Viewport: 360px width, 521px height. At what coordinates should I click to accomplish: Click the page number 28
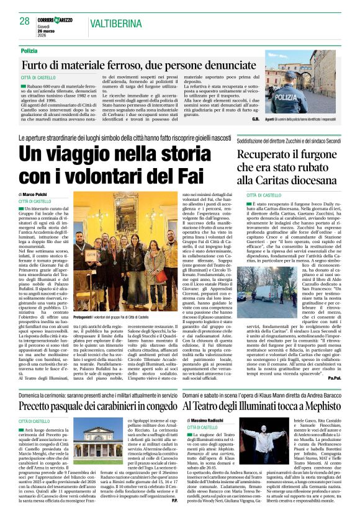(x=24, y=21)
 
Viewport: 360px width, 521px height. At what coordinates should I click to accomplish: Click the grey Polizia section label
(x=29, y=50)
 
